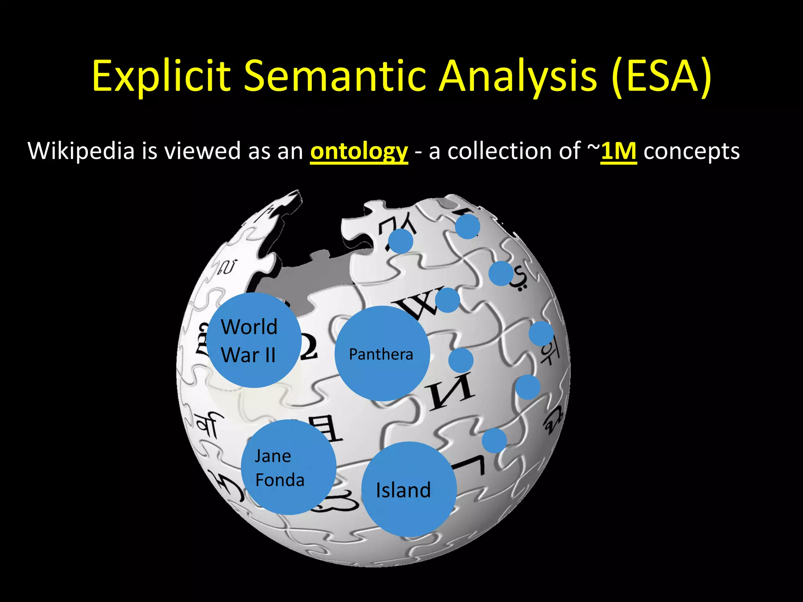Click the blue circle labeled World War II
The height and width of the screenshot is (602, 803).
(x=254, y=340)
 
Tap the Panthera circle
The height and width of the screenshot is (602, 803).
(x=382, y=354)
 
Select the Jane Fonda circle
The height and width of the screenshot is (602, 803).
(x=289, y=467)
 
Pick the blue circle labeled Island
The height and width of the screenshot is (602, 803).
(x=409, y=489)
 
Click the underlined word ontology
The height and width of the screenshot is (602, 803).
(x=359, y=151)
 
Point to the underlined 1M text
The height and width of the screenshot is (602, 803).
(x=618, y=151)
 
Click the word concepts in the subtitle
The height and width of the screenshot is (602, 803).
(x=692, y=151)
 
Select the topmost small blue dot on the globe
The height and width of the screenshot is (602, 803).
(x=467, y=227)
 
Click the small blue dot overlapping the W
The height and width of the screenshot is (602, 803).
(x=447, y=300)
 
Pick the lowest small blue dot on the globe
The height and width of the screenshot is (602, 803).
(x=494, y=441)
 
